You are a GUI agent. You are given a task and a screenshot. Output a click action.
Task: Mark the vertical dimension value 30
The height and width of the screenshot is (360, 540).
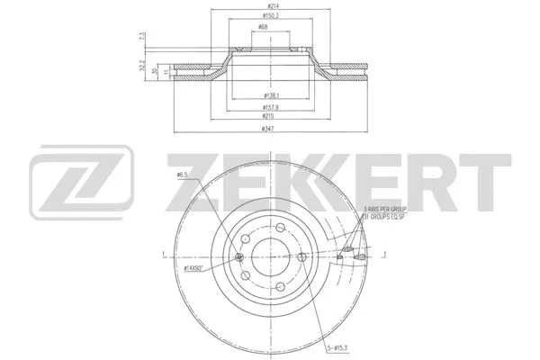pos(155,72)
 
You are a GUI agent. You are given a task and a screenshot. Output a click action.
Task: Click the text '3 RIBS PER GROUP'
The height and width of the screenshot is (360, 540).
pos(385,208)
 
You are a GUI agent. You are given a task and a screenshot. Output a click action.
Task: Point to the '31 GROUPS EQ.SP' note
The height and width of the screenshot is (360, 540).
pos(385,217)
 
